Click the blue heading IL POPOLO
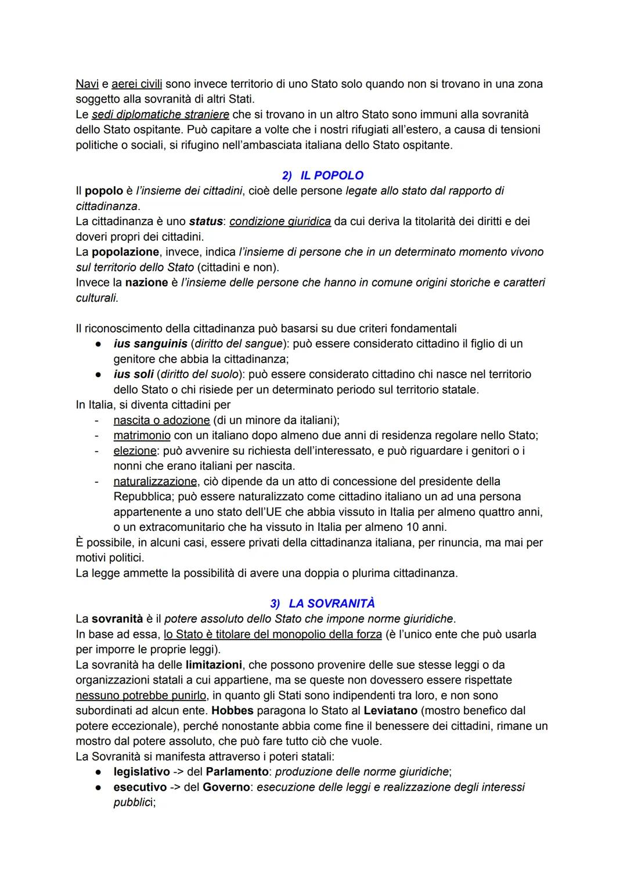[331, 175]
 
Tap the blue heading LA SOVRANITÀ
[331, 603]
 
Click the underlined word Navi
[87, 84]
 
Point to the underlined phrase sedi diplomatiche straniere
[160, 114]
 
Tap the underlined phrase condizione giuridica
[280, 221]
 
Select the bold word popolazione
[125, 252]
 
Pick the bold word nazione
[143, 283]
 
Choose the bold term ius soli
[133, 374]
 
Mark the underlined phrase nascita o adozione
[161, 420]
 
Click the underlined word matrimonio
[142, 435]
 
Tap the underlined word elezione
[135, 451]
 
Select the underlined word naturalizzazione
[155, 481]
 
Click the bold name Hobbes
[232, 710]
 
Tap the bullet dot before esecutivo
[100, 787]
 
